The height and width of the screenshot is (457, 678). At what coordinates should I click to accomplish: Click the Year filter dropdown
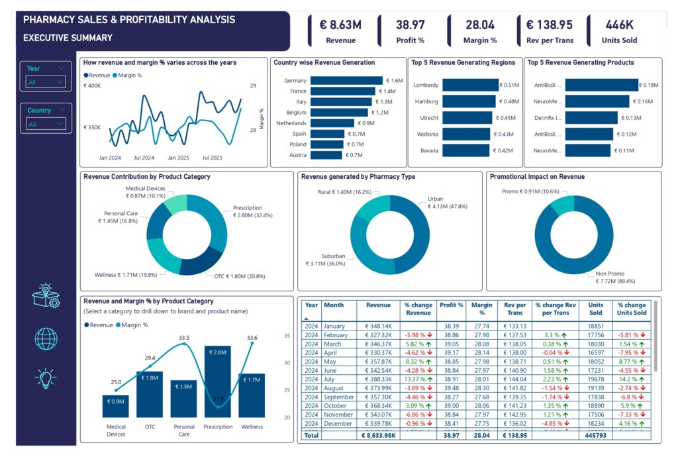click(46, 82)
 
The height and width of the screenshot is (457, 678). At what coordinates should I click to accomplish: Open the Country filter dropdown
click(46, 124)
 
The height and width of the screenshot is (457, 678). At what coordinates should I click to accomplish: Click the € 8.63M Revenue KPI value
click(340, 25)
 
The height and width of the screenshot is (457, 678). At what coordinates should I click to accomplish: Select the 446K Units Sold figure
click(619, 25)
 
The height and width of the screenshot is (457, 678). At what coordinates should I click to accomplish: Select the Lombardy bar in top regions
click(470, 85)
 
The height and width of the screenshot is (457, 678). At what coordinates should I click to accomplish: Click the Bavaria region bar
click(465, 150)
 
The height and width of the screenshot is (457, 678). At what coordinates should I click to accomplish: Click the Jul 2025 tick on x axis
click(212, 158)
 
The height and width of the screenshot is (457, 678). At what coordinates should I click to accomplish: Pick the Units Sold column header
click(595, 309)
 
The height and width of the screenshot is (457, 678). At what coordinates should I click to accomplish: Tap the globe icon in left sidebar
click(46, 338)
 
